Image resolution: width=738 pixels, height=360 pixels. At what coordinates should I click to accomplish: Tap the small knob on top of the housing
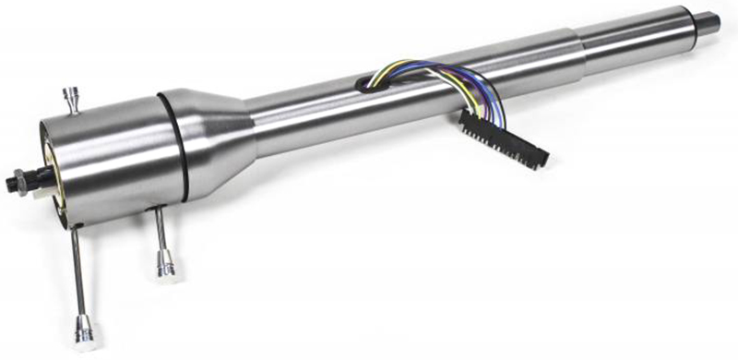point(70,97)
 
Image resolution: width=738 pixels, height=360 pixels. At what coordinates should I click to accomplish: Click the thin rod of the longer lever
point(78,272)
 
